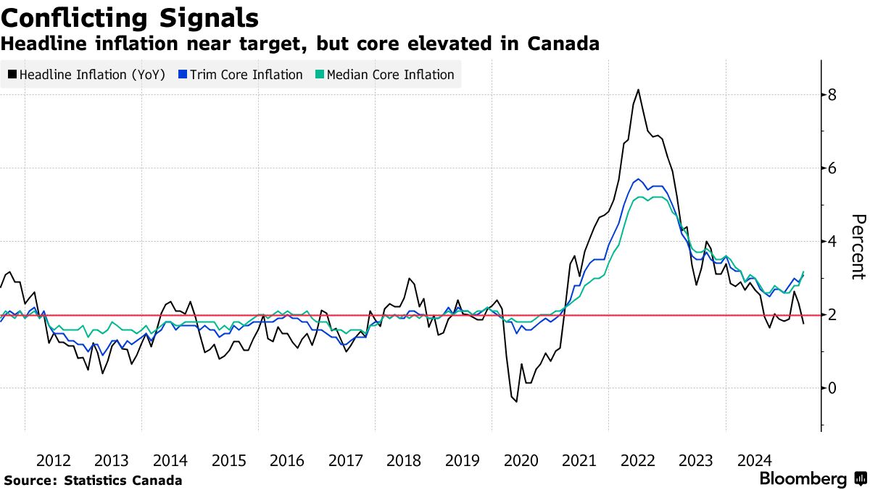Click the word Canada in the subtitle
[562, 44]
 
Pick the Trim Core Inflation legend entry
[240, 75]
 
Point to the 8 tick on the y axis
[833, 95]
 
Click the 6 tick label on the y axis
[833, 168]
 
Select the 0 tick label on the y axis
[833, 388]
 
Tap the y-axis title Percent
[858, 247]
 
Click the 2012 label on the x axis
[54, 460]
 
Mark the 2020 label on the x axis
[521, 460]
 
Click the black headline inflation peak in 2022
[638, 90]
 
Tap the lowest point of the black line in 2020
[516, 401]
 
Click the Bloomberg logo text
[803, 479]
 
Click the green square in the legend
[320, 75]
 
